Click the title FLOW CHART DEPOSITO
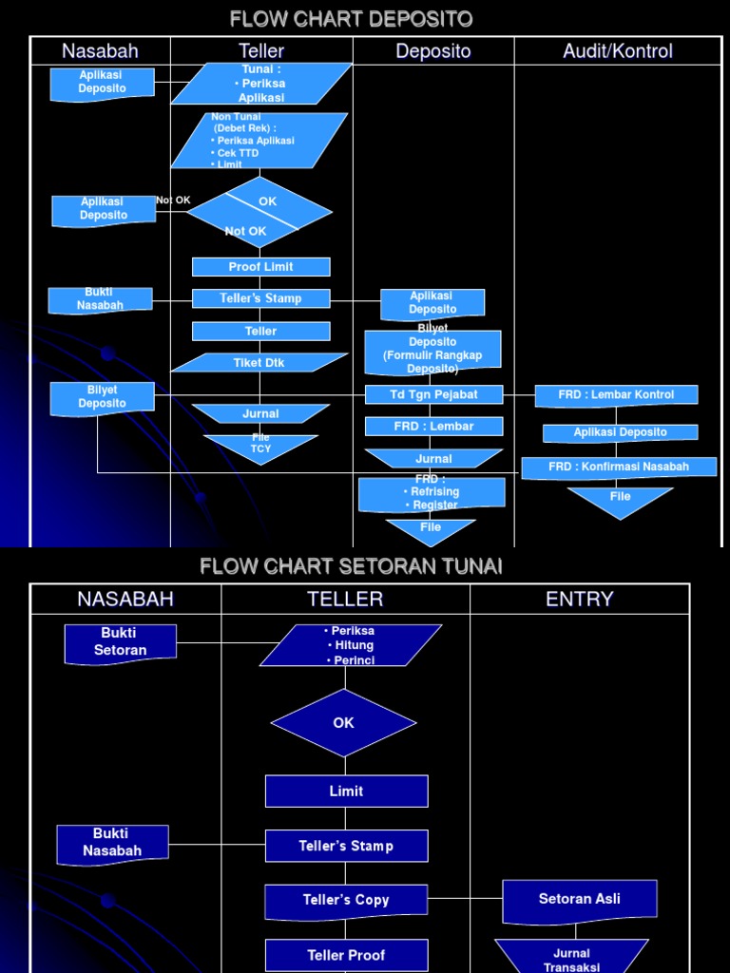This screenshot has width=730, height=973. click(352, 19)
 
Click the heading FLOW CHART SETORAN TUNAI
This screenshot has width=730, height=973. click(351, 566)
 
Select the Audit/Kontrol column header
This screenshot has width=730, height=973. click(617, 51)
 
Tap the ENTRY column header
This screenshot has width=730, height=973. click(579, 599)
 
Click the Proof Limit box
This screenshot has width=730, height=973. click(260, 267)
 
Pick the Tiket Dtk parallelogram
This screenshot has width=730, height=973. click(259, 363)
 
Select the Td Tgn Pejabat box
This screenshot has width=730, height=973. click(433, 394)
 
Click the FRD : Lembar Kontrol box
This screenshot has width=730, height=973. click(616, 394)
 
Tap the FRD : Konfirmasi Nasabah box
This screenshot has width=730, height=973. click(619, 467)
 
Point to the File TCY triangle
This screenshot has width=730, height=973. click(260, 447)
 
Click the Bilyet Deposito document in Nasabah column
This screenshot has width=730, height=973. click(102, 397)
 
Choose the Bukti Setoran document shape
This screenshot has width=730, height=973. click(121, 643)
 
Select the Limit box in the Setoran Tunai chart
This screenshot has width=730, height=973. click(346, 791)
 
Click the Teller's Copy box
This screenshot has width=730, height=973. click(346, 901)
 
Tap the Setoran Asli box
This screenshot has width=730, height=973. click(579, 900)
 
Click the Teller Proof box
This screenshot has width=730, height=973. click(346, 955)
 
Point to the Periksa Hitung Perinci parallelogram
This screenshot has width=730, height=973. click(350, 645)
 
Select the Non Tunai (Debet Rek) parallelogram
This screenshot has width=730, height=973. click(259, 141)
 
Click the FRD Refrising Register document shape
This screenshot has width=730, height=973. click(432, 493)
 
